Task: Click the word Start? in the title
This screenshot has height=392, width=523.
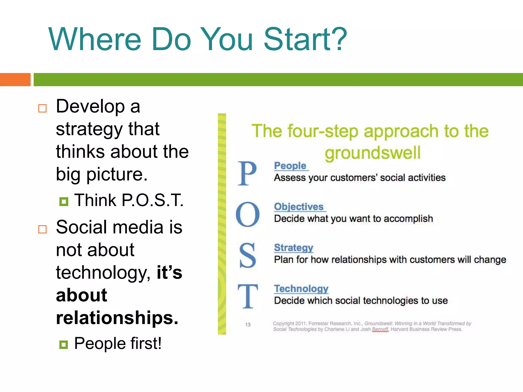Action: point(305,40)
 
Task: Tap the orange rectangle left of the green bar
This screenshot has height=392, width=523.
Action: point(15,80)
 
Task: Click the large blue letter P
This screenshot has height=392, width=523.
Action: point(247,174)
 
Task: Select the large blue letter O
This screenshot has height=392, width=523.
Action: point(247,214)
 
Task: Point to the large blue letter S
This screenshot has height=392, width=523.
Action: point(247,255)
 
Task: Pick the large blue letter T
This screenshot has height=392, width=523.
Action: point(247,296)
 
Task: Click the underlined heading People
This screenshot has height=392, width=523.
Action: point(290,166)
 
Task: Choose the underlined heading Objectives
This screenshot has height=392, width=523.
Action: point(299,207)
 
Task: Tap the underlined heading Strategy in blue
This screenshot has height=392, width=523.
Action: point(293,248)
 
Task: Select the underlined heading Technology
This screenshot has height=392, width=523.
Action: point(301,289)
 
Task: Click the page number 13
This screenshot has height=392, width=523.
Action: point(248,325)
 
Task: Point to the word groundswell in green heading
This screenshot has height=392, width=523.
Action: point(372,153)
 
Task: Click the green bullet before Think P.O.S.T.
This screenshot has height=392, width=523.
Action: point(64,202)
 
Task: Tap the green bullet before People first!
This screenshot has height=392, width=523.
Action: point(64,345)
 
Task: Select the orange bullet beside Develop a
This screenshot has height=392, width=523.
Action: point(42,108)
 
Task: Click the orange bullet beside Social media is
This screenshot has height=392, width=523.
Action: point(42,229)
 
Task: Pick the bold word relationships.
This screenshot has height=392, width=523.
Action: point(117,318)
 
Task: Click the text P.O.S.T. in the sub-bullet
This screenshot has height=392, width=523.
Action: point(152,200)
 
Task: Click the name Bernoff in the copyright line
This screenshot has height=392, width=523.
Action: point(380,329)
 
